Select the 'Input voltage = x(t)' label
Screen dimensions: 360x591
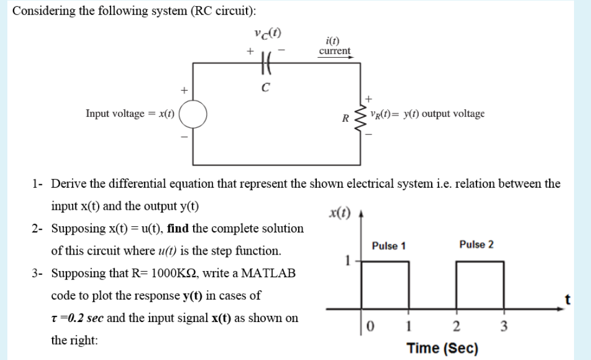(130, 113)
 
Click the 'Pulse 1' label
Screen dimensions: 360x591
(389, 245)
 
